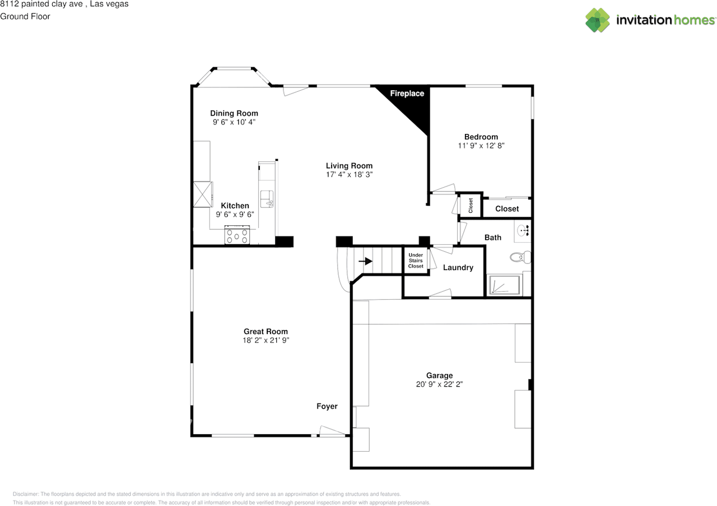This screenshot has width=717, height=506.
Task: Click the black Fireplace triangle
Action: [x=413, y=103]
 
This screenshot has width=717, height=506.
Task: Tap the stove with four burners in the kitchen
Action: [x=237, y=235]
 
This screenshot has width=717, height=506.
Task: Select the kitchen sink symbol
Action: [x=267, y=199]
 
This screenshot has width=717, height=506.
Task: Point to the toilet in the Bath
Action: [x=520, y=257]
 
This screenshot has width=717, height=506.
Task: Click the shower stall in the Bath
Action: [x=505, y=285]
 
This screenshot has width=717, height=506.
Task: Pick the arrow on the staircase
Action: [x=365, y=261]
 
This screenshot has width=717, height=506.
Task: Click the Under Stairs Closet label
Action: [x=416, y=261]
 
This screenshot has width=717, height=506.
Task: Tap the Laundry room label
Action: [x=458, y=267]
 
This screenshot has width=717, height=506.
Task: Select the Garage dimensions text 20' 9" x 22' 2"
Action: [x=439, y=384]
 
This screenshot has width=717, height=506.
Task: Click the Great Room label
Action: [x=266, y=331]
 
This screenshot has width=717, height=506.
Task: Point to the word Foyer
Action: [x=327, y=406]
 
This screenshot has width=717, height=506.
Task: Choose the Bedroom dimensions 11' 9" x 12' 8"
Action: [x=481, y=145]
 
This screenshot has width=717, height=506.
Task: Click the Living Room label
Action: [x=349, y=165]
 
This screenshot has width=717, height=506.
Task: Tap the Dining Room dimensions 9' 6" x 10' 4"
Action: [x=234, y=122]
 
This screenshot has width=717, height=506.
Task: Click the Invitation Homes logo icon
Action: [x=598, y=20]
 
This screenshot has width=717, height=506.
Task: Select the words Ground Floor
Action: [x=25, y=16]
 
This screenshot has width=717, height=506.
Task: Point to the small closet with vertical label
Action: [x=470, y=206]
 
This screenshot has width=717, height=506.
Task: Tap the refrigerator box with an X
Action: [x=203, y=194]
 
